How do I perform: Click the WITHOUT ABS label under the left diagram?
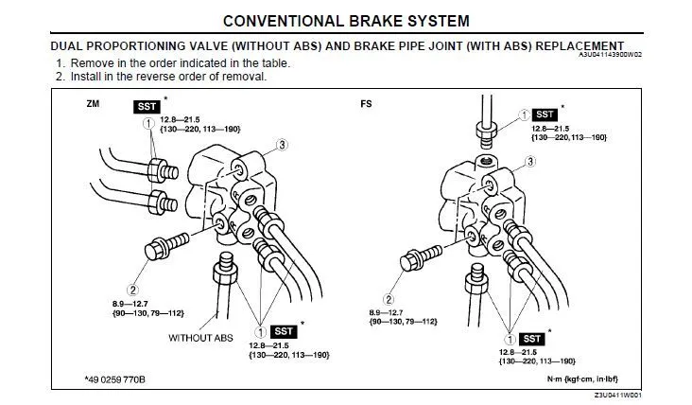pyautogui.click(x=200, y=337)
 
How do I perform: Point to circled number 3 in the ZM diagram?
pyautogui.click(x=282, y=144)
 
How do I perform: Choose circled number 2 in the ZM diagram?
pyautogui.click(x=134, y=290)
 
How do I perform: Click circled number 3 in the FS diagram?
pyautogui.click(x=532, y=161)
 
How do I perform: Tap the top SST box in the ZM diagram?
pyautogui.click(x=147, y=106)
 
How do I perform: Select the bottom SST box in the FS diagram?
pyautogui.click(x=533, y=338)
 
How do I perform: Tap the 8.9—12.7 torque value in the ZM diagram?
pyautogui.click(x=132, y=303)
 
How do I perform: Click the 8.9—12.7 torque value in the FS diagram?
pyautogui.click(x=390, y=311)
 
